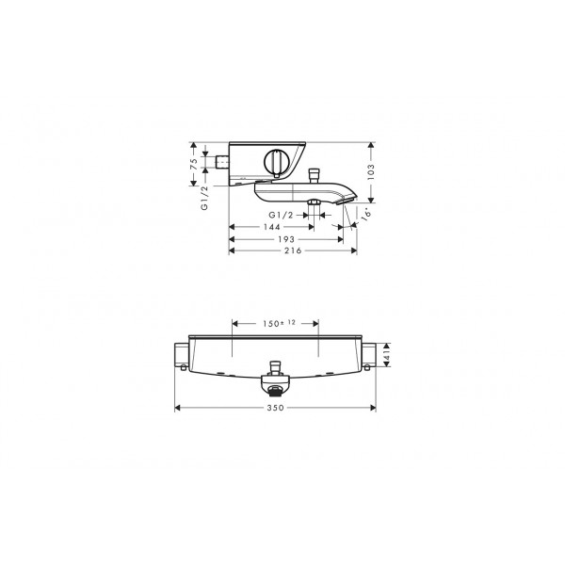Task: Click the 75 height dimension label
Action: point(194,164)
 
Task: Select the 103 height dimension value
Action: point(371,172)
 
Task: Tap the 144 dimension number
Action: point(272,227)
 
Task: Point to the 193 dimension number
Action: point(286,239)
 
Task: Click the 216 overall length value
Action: point(293,250)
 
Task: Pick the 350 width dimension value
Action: point(275,408)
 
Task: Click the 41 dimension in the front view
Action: point(386,355)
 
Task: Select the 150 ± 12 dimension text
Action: point(279,323)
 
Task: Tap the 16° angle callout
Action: point(366,215)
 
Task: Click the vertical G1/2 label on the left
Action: point(204,198)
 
